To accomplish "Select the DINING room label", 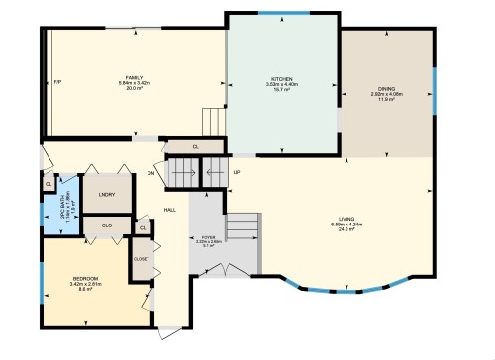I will (383, 88).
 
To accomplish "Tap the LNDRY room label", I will (107, 194).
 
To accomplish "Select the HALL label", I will (169, 210).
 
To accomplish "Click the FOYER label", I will (208, 237).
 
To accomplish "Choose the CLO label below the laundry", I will (107, 225).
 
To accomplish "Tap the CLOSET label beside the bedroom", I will (141, 259).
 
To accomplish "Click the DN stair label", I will (151, 175).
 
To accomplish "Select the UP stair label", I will (236, 173).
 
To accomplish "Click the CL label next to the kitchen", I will (195, 147).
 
